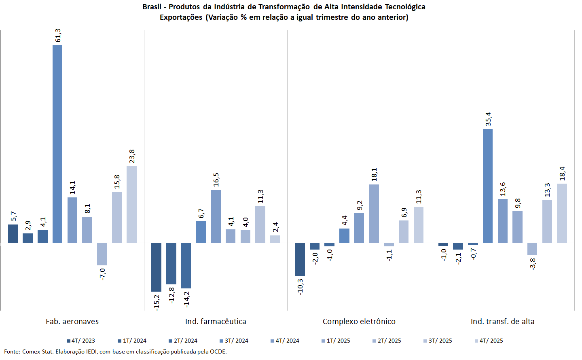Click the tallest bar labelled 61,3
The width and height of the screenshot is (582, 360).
coord(57,144)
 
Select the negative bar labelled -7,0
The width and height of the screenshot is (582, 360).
coord(102,254)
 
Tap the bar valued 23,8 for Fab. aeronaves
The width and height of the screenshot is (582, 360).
coord(131,204)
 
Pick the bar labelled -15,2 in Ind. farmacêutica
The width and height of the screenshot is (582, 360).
coord(156,267)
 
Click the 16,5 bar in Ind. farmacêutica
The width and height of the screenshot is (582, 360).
coord(216,216)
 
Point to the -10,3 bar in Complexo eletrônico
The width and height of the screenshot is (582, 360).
coord(300,259)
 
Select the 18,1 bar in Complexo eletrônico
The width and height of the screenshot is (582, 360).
coord(374,214)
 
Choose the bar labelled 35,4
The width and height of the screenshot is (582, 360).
coord(488,186)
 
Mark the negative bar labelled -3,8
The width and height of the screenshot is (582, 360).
coord(532,249)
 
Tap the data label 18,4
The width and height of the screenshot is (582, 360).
coord(562,174)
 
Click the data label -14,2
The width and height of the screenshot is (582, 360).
coord(186,299)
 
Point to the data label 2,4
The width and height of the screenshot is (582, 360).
coord(275,227)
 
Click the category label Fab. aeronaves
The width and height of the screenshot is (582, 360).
coord(72,322)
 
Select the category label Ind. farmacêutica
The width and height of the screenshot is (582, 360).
coord(216,322)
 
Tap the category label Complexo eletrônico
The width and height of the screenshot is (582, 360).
coord(359,322)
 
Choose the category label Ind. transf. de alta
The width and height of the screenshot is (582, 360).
coord(502,322)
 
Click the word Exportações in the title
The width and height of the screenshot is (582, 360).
coord(181,17)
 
